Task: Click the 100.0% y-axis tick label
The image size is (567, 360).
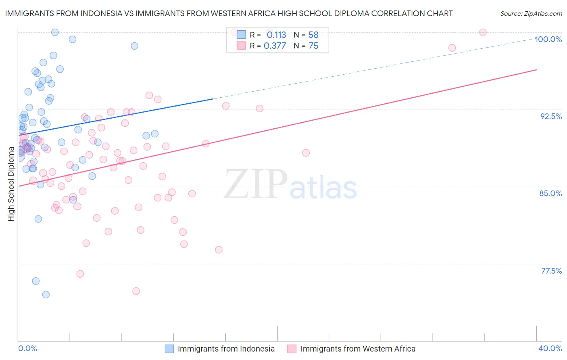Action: coord(548,39)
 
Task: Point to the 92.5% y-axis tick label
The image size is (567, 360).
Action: coord(551,116)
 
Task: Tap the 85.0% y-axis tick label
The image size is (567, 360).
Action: coord(550,193)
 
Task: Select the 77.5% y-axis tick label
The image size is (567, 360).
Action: coord(551,271)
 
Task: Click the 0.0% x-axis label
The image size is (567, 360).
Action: coord(27,348)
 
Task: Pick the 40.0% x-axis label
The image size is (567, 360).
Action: coord(550,348)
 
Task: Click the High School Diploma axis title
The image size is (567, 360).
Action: coord(11,184)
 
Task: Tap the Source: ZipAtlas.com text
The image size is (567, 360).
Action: coord(531,14)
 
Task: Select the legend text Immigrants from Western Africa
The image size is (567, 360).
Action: coord(358,349)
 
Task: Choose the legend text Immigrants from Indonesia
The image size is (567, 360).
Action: coord(226,349)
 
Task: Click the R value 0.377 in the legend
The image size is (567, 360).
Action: coord(275,46)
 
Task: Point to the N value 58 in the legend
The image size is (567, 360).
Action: coord(313,35)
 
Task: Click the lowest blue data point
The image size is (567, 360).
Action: coord(46,295)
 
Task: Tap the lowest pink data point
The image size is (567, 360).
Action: coord(136,291)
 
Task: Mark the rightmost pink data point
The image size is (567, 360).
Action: coord(483,32)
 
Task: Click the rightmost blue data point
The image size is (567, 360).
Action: coord(154,134)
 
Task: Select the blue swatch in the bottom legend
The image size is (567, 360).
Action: coord(169,349)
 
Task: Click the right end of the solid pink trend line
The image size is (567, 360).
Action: coord(536,70)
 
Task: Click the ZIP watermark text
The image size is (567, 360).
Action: coord(256,184)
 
